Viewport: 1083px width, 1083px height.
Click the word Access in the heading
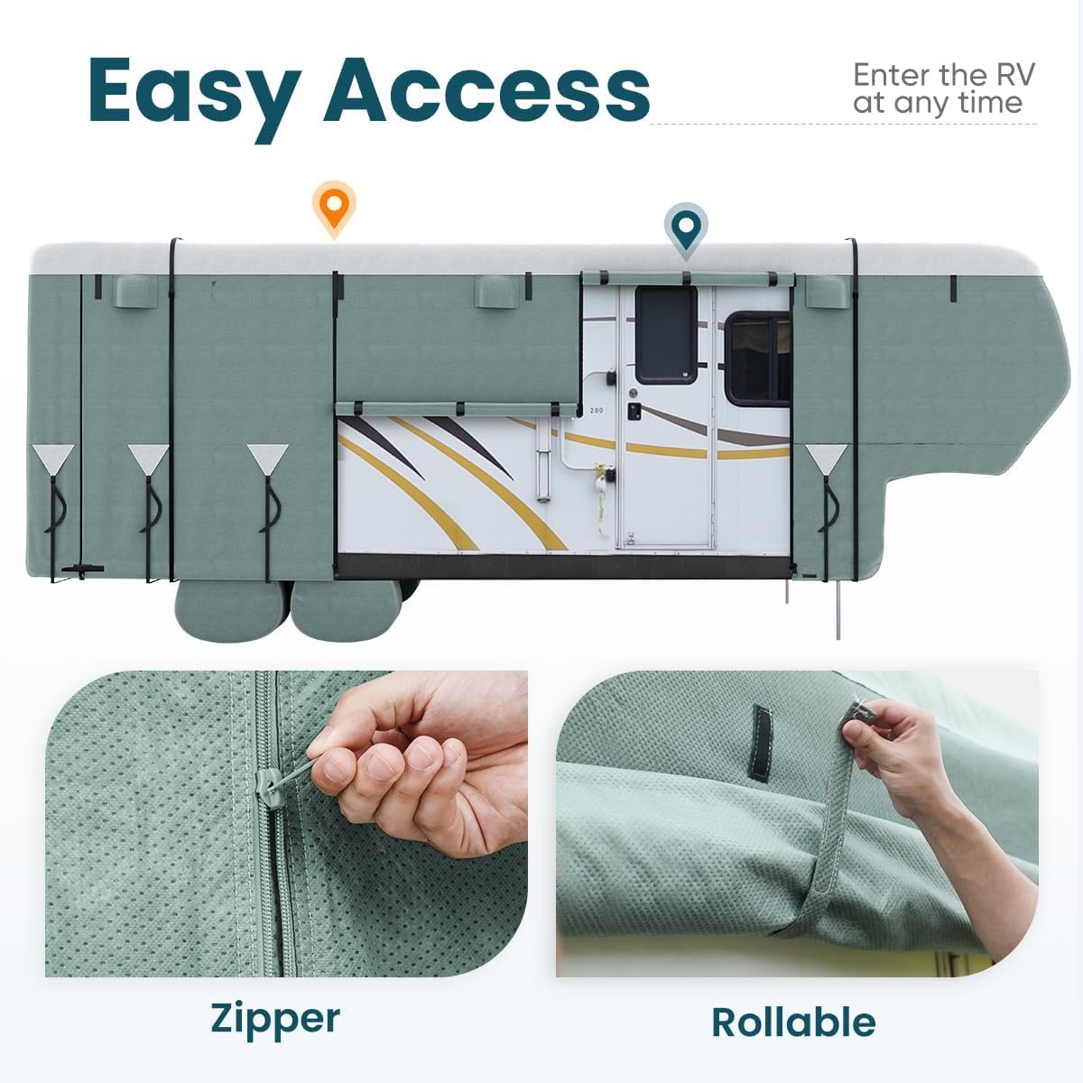pos(486,90)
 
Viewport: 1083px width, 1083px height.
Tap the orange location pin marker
pos(334,208)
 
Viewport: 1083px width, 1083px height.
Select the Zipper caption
pos(275,1018)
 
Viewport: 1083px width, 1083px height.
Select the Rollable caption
pos(793,1023)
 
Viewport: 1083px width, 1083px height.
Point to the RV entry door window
pos(666,335)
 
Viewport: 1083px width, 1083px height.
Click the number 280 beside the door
pos(596,411)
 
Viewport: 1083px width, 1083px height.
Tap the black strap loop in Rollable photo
pos(763,743)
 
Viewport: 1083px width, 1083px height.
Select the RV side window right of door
pos(758,358)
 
